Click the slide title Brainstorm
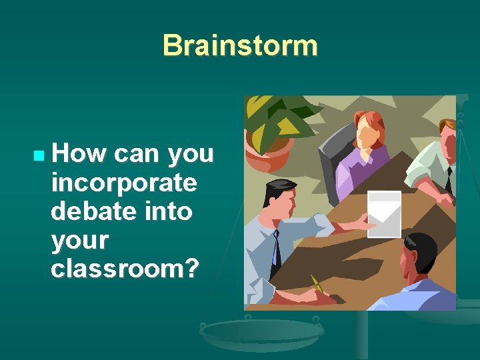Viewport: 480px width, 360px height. point(240,45)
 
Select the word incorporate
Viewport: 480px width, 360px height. point(123,182)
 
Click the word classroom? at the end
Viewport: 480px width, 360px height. point(125,268)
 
